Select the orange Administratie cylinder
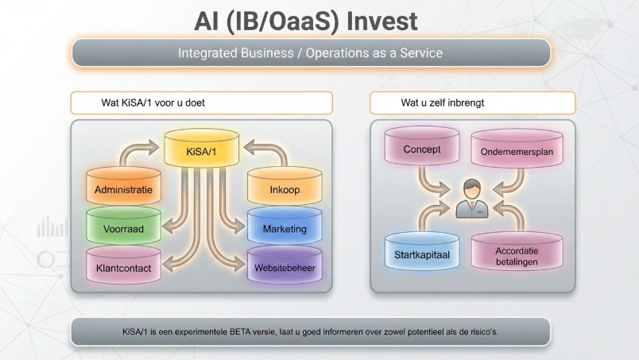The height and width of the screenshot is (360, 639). point(123,190)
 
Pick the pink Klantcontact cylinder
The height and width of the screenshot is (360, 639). point(123,268)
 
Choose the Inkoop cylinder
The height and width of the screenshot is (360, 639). point(285,190)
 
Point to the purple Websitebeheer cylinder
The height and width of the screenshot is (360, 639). point(285,268)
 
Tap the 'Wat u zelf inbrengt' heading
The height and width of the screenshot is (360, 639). point(443,103)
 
